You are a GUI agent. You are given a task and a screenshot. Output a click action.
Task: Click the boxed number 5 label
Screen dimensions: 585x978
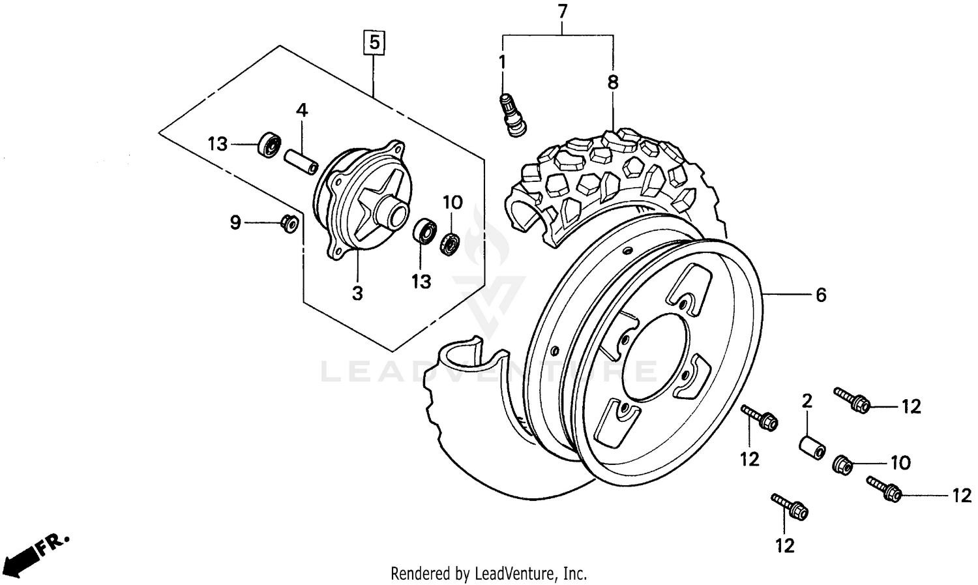pyautogui.click(x=374, y=42)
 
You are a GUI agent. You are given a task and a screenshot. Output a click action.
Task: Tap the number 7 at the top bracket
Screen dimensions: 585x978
pyautogui.click(x=562, y=11)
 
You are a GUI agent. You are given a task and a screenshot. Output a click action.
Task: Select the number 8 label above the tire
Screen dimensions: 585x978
pyautogui.click(x=612, y=83)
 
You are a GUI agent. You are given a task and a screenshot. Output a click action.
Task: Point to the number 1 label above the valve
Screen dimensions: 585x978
pyautogui.click(x=502, y=63)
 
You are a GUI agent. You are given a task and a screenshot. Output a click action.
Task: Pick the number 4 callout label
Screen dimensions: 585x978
pyautogui.click(x=301, y=110)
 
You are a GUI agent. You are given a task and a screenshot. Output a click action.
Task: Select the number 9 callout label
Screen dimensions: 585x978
pyautogui.click(x=235, y=223)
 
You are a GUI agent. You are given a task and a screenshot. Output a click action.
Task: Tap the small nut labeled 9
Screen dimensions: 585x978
pyautogui.click(x=289, y=223)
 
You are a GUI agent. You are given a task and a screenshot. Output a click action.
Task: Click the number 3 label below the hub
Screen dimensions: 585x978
pyautogui.click(x=357, y=293)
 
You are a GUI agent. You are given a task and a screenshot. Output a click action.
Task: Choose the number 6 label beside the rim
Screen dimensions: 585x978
pyautogui.click(x=821, y=295)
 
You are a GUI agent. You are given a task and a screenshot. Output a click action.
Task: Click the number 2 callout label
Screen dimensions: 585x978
pyautogui.click(x=807, y=401)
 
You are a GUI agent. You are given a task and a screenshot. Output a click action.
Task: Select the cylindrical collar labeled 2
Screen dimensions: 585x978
pyautogui.click(x=812, y=448)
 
